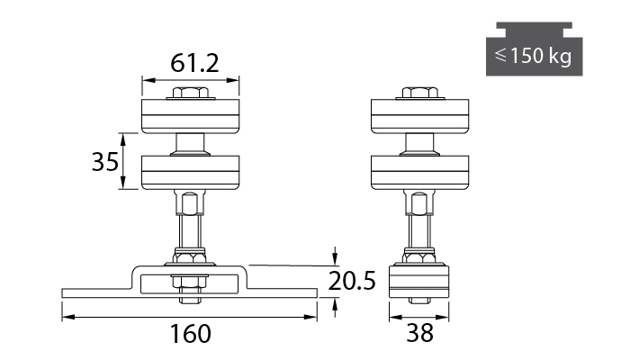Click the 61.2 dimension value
click(x=194, y=63)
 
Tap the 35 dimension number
click(x=105, y=162)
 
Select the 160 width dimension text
click(x=190, y=334)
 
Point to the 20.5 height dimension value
click(x=352, y=281)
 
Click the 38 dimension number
click(x=419, y=334)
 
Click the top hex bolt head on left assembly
click(x=191, y=93)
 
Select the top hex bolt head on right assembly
click(x=420, y=93)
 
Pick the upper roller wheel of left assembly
click(x=191, y=116)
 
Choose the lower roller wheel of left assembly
click(x=191, y=172)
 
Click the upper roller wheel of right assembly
click(x=419, y=116)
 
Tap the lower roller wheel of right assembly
click(x=419, y=172)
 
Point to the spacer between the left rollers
click(x=191, y=144)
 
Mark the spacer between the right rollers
click(x=419, y=144)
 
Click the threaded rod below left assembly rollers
click(x=190, y=231)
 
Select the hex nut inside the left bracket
click(x=190, y=282)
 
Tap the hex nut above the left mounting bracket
click(x=190, y=257)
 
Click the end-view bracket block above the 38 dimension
click(x=419, y=282)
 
